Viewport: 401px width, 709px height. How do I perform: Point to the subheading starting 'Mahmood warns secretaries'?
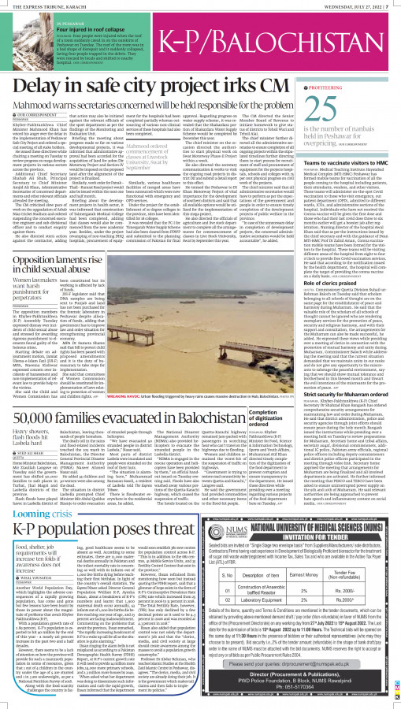pyautogui.click(x=150, y=101)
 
